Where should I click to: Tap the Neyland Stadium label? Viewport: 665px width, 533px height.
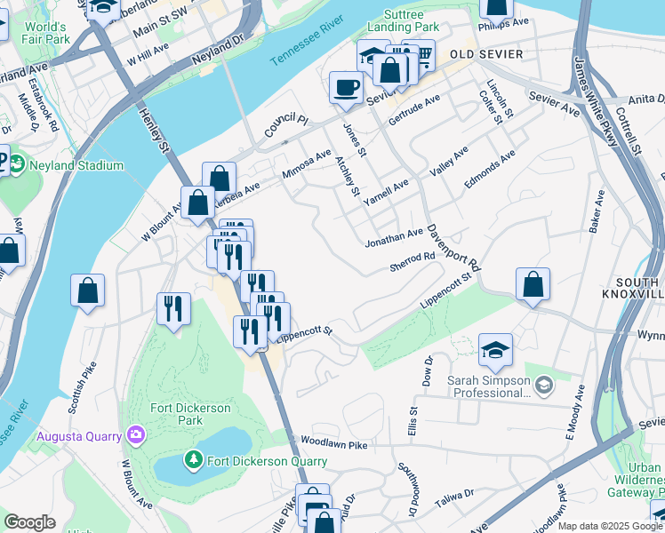click(x=76, y=166)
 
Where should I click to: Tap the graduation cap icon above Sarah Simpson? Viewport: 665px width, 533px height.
click(x=495, y=351)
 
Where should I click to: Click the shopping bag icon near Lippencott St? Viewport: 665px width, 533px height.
click(x=533, y=285)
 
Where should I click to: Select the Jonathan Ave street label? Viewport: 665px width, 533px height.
click(x=394, y=236)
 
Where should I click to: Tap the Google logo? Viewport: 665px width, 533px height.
click(x=30, y=521)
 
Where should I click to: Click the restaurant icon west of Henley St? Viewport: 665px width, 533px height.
click(x=172, y=308)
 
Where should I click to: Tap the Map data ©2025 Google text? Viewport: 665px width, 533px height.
click(x=610, y=526)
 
